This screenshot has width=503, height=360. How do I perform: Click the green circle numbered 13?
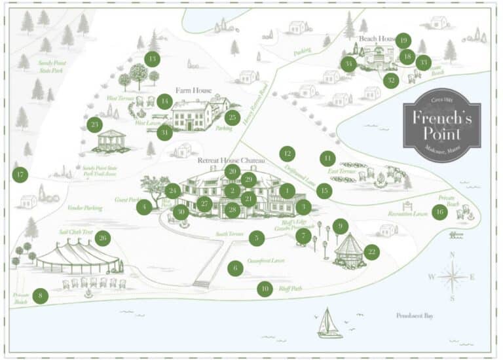[x=153, y=59]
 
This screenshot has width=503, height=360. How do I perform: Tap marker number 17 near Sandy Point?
[x=20, y=175]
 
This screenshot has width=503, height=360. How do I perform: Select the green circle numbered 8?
[x=41, y=296]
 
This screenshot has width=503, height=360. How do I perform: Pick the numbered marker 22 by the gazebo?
[x=371, y=252]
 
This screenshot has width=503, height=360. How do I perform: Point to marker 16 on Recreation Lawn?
[x=439, y=212]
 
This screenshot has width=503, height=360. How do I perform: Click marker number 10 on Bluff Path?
[x=264, y=289]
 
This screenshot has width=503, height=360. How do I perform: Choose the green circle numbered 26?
[x=102, y=238]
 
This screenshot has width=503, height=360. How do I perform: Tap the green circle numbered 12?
[x=287, y=154]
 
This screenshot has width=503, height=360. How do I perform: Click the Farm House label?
[x=193, y=90]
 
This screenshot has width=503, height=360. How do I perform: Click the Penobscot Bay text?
[x=415, y=315]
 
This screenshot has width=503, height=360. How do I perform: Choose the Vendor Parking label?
[x=85, y=207]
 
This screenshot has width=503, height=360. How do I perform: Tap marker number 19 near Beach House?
[x=403, y=41]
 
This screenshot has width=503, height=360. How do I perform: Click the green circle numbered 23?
[x=95, y=124]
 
